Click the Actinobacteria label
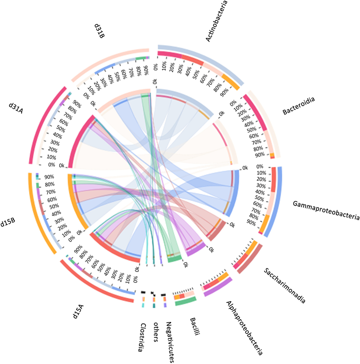point(224,22)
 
